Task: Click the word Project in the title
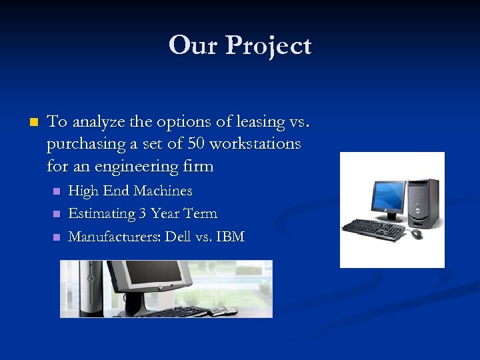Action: click(x=269, y=46)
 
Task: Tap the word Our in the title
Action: click(x=194, y=45)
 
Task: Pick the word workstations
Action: click(x=255, y=144)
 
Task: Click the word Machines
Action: click(x=163, y=191)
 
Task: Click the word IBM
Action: click(x=230, y=237)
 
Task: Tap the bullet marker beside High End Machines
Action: click(x=57, y=191)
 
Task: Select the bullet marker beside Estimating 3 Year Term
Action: click(x=57, y=214)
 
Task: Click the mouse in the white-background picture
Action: click(x=417, y=234)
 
